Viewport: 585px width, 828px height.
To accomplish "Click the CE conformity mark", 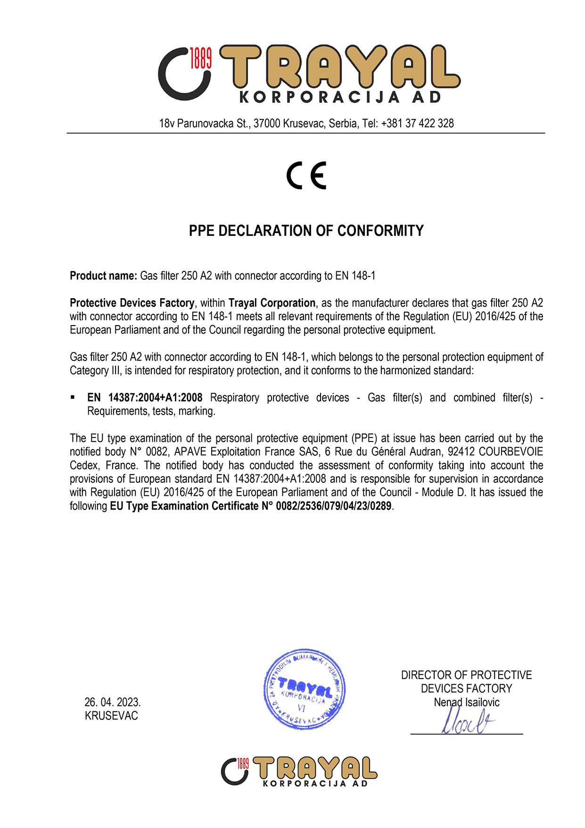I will (306, 176).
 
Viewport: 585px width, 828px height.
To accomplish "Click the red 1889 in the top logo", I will (201, 58).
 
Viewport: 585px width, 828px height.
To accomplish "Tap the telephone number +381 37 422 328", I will (417, 124).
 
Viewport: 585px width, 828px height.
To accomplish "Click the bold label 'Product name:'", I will (103, 276).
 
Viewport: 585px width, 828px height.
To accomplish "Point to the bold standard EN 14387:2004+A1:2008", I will (145, 398).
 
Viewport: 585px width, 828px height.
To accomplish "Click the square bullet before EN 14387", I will (73, 397).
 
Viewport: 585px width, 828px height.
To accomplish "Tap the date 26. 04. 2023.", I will (112, 703).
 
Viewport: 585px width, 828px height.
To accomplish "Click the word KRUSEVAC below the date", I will (111, 716).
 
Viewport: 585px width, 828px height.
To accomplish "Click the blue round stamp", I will (304, 689).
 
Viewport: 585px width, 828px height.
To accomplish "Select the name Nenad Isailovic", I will (466, 703).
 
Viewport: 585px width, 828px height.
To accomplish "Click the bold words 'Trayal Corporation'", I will (272, 303).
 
